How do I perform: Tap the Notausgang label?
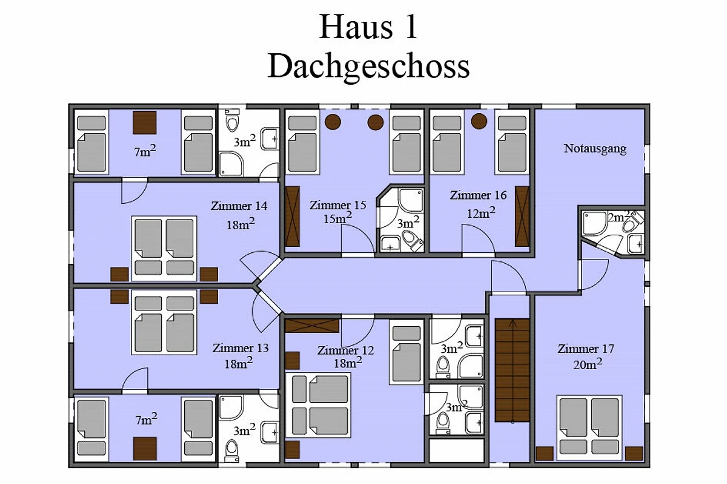(595, 149)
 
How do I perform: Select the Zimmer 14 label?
(239, 206)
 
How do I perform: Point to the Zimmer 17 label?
(586, 349)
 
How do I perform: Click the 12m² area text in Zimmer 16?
(481, 213)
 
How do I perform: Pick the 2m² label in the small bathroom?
(619, 217)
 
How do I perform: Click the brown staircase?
(512, 370)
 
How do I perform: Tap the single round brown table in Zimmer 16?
(479, 121)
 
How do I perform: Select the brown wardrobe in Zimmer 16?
(522, 217)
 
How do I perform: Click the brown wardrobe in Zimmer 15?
(293, 217)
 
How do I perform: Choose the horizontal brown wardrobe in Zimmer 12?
(312, 326)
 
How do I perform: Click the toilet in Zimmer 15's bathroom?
(412, 240)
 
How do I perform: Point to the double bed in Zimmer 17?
(589, 428)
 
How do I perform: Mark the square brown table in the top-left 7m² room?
(144, 123)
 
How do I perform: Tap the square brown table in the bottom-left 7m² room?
(145, 448)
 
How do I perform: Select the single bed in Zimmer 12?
(407, 352)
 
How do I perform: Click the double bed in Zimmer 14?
(164, 249)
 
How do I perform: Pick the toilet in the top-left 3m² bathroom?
(232, 120)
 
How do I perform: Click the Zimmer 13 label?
(241, 348)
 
